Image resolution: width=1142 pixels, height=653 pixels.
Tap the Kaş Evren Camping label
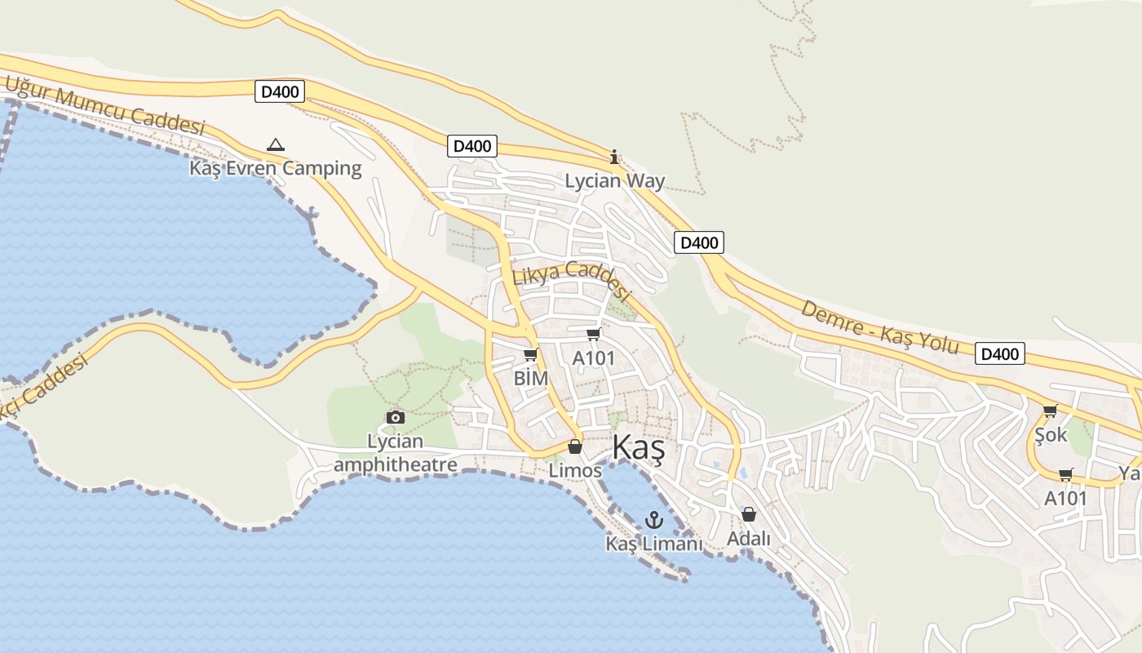coord(275,169)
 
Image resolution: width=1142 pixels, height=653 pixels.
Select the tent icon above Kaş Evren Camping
coord(276,145)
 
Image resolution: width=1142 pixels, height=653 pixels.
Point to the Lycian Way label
coord(615,181)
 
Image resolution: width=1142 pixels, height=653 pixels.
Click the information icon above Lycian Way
coord(614,157)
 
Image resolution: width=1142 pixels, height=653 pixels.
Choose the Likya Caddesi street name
coord(573,281)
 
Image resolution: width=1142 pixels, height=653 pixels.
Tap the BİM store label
coord(530,378)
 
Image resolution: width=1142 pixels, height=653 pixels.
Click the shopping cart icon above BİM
coord(530,354)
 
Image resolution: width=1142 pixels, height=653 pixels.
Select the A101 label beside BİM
coord(593,358)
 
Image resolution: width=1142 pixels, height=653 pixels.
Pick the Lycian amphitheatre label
coord(395,453)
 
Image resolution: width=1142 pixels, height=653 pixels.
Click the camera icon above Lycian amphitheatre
coord(396,417)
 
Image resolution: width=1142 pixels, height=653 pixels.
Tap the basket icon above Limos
coord(575,446)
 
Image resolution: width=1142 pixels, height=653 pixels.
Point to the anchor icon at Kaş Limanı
coord(654,519)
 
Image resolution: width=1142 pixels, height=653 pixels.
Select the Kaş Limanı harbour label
coord(654,544)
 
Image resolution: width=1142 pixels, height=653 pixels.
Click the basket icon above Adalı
coord(749,514)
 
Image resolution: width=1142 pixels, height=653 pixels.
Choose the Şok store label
coord(1051,435)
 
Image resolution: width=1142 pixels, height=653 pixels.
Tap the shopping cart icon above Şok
coord(1050,411)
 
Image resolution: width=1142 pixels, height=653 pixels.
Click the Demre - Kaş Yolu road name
coord(879,326)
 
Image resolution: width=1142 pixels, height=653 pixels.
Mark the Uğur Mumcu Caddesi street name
coord(104,105)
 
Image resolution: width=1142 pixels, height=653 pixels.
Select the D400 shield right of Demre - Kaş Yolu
coord(1000,353)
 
